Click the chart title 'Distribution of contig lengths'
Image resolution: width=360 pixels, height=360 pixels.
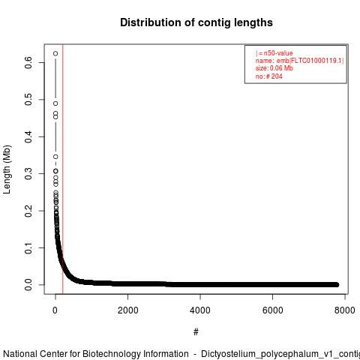196,22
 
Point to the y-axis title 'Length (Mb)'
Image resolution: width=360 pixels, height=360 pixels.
7,169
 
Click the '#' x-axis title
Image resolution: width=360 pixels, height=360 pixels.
196,332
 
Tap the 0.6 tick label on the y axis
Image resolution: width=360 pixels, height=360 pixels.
28,62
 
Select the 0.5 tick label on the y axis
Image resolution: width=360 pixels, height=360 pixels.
28,100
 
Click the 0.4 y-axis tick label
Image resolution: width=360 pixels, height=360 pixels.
28,136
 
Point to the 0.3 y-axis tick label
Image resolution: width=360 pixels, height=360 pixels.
28,174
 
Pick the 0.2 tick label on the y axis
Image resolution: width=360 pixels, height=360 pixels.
28,211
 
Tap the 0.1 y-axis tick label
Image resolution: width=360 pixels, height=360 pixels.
28,247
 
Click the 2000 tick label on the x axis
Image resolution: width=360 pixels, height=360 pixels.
127,310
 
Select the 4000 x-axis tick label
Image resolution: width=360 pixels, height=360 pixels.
200,310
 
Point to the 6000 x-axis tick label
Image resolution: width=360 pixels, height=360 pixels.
272,310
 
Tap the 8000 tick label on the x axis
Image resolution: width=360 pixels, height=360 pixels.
345,310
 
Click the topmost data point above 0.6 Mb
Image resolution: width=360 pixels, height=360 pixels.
55,53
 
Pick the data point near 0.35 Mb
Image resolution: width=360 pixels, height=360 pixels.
55,157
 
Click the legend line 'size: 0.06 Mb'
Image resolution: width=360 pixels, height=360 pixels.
274,68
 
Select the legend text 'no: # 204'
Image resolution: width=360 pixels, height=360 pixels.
268,76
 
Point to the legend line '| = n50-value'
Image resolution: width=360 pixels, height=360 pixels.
274,53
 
